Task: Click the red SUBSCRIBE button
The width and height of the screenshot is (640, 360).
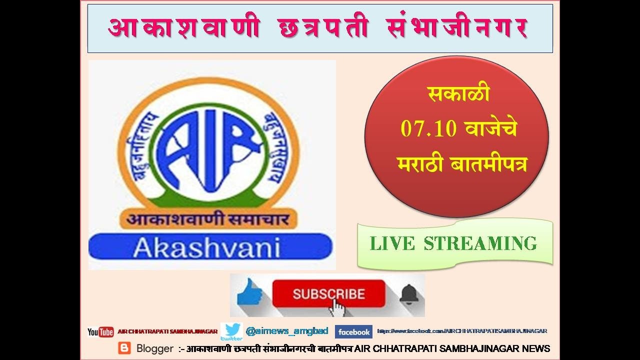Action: (x=328, y=293)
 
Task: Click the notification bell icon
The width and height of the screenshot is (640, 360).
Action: (x=408, y=293)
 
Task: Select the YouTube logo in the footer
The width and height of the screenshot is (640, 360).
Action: (x=100, y=332)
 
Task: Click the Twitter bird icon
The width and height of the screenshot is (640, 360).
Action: (x=231, y=331)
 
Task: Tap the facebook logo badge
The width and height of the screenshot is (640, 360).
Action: (x=353, y=332)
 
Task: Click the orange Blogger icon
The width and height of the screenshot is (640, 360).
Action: (x=124, y=348)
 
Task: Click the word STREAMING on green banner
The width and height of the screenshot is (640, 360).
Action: (x=480, y=243)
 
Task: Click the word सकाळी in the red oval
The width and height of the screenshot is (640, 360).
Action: (x=458, y=94)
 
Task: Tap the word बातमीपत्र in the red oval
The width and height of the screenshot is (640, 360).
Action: (x=492, y=164)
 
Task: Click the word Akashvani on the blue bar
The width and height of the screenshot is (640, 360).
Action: (x=206, y=247)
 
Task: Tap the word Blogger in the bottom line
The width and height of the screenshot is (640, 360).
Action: (x=154, y=348)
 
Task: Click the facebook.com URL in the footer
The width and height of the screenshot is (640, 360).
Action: (x=462, y=331)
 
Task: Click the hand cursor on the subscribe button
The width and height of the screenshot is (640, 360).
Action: (x=337, y=306)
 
